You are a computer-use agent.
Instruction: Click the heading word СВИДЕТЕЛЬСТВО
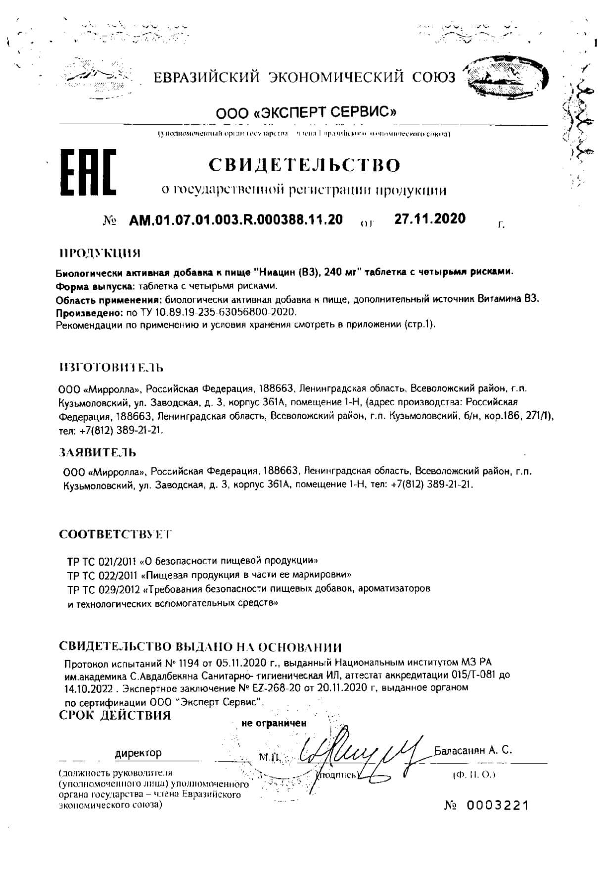[x=304, y=165]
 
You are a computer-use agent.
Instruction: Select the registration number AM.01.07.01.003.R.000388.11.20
[x=235, y=219]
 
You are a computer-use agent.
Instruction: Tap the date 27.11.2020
[x=429, y=218]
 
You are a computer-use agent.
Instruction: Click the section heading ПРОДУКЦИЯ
[x=99, y=254]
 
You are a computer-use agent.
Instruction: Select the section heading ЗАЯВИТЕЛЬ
[x=97, y=452]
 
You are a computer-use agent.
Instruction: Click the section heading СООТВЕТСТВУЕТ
[x=115, y=534]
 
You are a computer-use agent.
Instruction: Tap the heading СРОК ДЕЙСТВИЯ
[x=115, y=715]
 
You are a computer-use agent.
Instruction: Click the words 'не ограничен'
[x=274, y=723]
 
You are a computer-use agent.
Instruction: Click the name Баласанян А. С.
[x=472, y=750]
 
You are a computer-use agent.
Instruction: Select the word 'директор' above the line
[x=138, y=753]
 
